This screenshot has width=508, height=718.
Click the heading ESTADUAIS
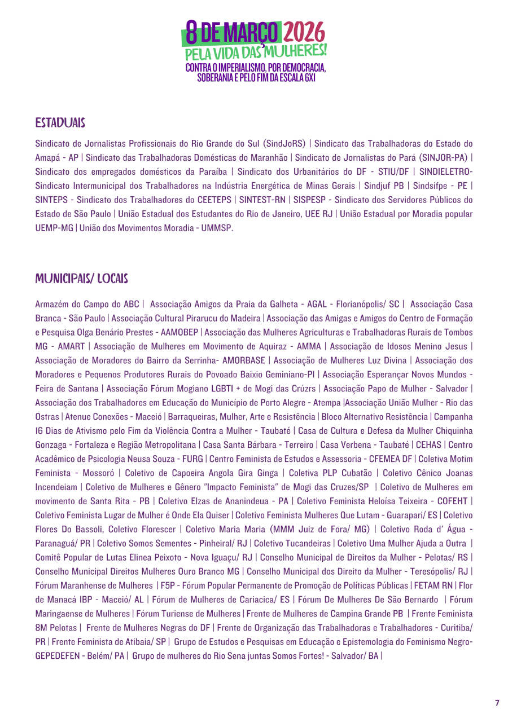[x=60, y=122]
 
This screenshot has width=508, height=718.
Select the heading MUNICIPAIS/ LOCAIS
[x=81, y=279]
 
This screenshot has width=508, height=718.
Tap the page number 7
[x=497, y=703]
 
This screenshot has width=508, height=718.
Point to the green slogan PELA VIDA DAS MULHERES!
[x=256, y=52]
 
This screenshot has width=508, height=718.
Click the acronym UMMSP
[x=216, y=228]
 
